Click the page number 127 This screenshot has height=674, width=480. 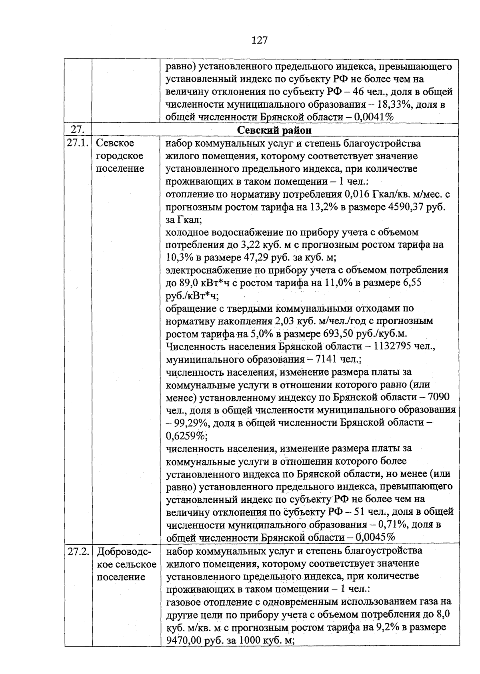click(x=260, y=40)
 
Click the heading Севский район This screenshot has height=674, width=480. click(x=274, y=130)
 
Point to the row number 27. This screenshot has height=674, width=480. click(x=76, y=130)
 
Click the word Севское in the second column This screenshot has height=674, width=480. click(x=115, y=143)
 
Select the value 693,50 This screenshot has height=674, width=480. click(x=336, y=334)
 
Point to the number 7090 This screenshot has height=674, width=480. click(x=439, y=397)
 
